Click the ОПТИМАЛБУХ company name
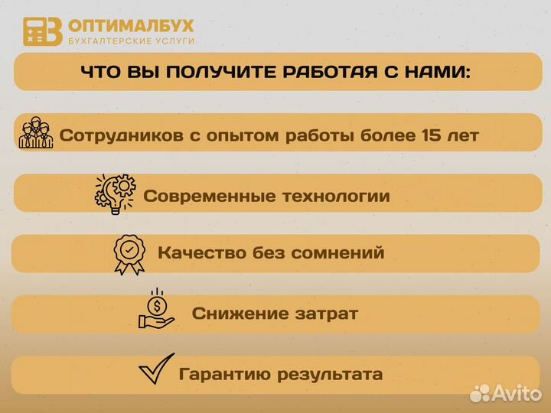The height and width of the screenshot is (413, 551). click(131, 25)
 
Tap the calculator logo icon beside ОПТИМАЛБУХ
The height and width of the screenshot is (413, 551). click(42, 31)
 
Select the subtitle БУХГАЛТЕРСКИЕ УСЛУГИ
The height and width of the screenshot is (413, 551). click(131, 41)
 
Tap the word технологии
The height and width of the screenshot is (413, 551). click(336, 196)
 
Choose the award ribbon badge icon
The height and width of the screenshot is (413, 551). click(129, 252)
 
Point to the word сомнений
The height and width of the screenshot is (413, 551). click(341, 252)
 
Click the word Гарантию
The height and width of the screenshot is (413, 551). click(221, 375)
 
